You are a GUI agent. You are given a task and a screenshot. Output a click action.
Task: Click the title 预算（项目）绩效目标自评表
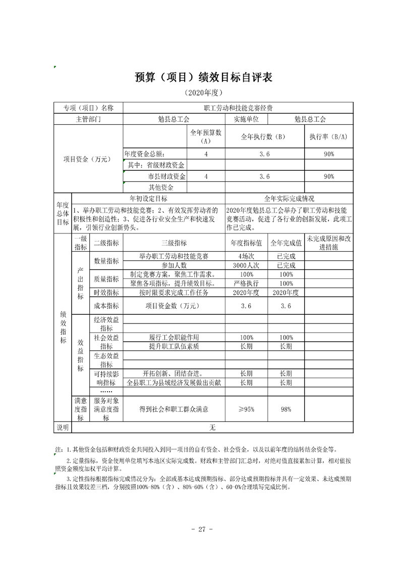coord(203,77)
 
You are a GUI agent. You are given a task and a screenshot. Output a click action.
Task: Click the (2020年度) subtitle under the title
coord(203,93)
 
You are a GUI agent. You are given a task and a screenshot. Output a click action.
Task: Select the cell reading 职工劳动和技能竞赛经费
coord(238,108)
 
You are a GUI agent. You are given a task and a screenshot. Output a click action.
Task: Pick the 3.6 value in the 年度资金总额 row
coord(264,154)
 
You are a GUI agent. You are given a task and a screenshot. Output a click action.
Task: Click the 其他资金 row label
coord(154,187)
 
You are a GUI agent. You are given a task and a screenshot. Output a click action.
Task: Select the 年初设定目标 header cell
coord(148,199)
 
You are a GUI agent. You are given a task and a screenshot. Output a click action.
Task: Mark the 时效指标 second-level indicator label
coord(106,293)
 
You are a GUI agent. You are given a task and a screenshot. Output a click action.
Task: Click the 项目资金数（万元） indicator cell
coord(174,306)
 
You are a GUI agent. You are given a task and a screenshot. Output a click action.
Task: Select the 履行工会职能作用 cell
coord(174,337)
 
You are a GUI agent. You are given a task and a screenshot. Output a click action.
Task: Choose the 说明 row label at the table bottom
coord(63,428)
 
